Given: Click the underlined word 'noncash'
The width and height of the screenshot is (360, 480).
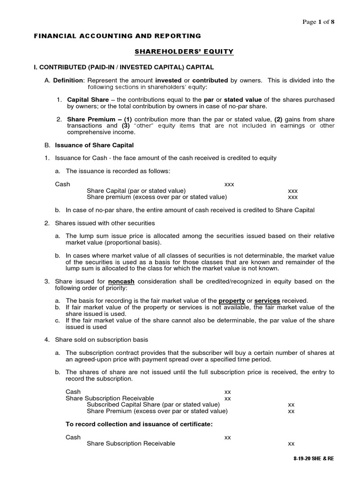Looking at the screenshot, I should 121,281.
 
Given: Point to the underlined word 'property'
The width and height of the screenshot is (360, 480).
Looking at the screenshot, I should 232,300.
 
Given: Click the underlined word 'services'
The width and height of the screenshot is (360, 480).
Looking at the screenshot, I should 267,300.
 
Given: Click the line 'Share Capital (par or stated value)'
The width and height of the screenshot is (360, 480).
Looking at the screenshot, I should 136,191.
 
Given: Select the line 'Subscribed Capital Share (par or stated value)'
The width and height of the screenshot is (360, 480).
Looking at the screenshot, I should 153,405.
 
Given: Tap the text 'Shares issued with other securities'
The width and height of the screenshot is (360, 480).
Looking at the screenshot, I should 105,223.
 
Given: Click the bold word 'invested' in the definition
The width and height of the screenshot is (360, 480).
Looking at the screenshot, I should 168,81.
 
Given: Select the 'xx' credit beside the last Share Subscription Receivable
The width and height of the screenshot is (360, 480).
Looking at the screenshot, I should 291,443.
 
